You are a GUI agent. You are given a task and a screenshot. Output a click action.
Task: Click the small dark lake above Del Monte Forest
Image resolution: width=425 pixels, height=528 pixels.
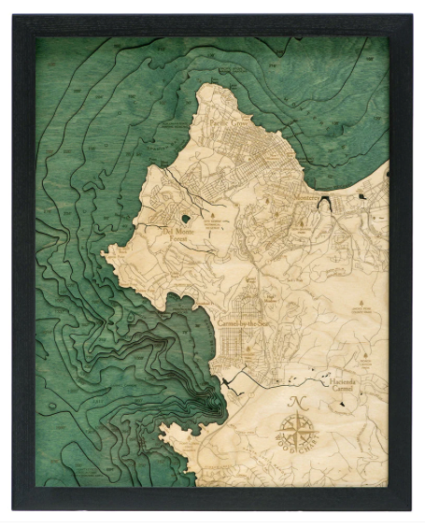186,219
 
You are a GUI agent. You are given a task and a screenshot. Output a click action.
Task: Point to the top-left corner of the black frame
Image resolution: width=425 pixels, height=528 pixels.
13,15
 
